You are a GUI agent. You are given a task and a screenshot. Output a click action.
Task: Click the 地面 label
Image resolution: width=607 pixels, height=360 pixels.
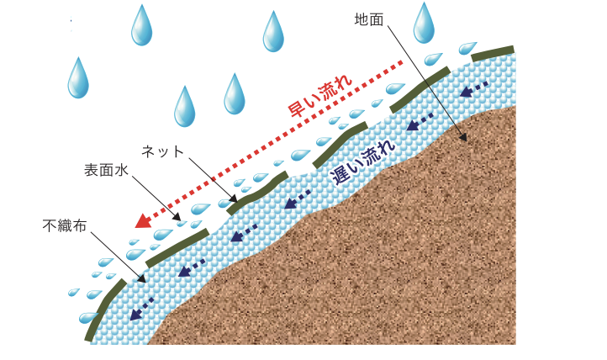369,19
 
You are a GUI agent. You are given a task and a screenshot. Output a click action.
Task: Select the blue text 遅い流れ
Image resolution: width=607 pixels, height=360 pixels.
363,158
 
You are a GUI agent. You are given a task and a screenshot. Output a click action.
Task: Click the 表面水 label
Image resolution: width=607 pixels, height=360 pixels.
106,170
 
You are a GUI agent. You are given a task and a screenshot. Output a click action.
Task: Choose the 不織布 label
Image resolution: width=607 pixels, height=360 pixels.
65,225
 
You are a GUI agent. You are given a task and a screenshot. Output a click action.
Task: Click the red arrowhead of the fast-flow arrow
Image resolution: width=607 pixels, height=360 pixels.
142,221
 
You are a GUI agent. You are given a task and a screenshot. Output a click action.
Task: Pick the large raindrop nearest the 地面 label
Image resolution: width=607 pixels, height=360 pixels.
424,23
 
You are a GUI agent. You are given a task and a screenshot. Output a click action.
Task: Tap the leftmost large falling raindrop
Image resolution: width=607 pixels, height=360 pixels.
78,77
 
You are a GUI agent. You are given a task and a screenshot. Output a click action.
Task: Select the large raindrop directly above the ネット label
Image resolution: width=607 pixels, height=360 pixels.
184,106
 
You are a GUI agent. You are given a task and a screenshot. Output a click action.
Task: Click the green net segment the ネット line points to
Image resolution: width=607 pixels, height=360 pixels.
256,192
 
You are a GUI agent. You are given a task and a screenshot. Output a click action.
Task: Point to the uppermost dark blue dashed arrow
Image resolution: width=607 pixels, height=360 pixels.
475,87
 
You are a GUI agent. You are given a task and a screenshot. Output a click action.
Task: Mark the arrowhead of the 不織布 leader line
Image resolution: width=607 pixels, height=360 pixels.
142,279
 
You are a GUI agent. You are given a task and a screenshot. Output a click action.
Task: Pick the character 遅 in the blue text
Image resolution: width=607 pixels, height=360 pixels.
339,175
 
